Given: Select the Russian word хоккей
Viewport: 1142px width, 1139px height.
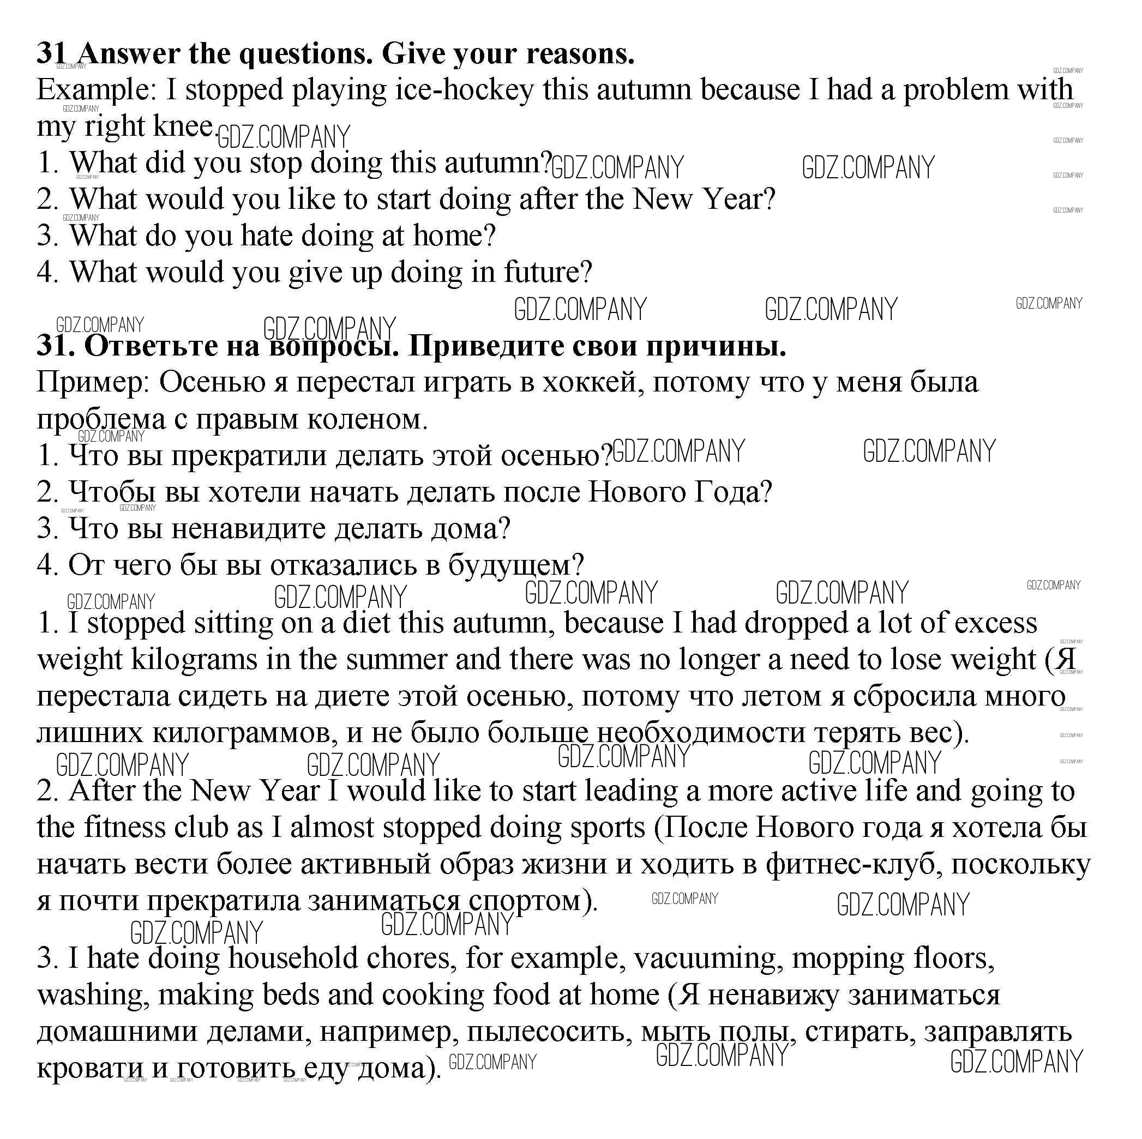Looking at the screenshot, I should tap(593, 382).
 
